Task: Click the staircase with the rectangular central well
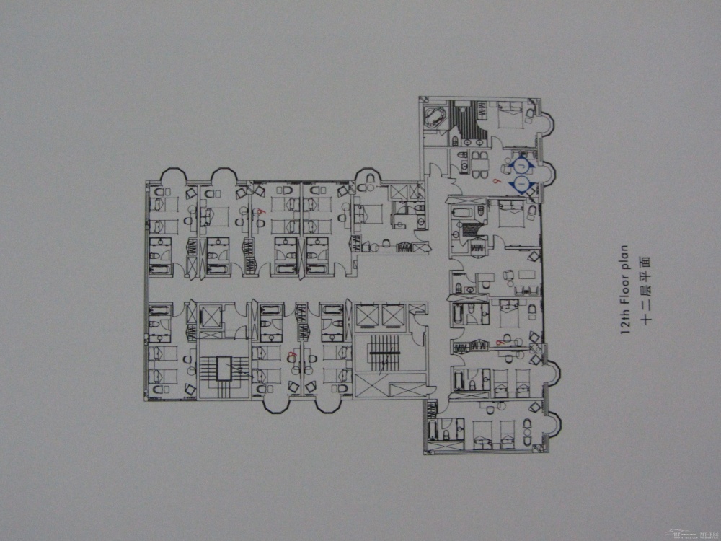223,368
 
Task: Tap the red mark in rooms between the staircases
291,355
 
